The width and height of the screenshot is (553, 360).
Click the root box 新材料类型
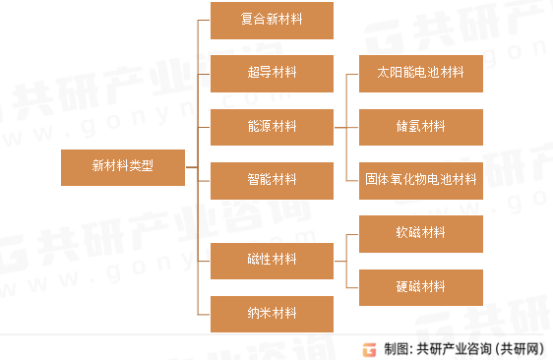tap(122, 167)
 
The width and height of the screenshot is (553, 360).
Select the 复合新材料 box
tap(272, 21)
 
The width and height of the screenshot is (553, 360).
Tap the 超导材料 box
tap(272, 73)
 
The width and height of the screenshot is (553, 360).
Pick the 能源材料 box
tap(272, 126)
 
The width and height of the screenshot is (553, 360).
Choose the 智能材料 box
tap(272, 179)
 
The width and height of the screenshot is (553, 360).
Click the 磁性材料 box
tap(272, 260)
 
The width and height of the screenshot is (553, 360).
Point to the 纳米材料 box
tap(272, 314)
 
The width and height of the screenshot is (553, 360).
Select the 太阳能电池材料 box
tap(420, 73)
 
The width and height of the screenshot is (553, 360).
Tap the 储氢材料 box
tap(420, 127)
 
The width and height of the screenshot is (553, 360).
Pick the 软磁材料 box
tap(420, 233)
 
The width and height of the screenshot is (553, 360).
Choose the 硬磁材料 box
tap(420, 287)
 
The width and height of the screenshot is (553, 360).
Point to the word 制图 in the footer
tap(396, 348)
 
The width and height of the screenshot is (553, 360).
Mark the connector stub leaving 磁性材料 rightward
tap(339, 260)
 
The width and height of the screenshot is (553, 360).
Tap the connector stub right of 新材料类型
tap(191, 167)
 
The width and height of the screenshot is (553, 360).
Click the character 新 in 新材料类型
tap(97, 167)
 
